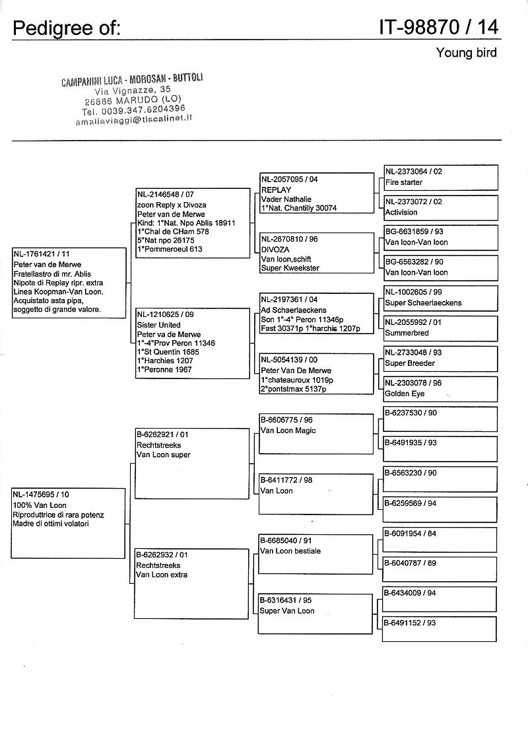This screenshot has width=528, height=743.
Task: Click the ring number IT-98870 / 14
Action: pos(439,27)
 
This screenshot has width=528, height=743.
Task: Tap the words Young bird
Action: pos(466,53)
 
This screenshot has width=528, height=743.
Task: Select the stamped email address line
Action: pos(134,119)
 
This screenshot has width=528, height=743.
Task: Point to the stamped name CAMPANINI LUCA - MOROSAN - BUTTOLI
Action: pos(132,80)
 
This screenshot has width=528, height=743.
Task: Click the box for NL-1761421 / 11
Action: pos(69,283)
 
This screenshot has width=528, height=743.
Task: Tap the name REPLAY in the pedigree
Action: pos(277,190)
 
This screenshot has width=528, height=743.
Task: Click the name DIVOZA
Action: pos(275,250)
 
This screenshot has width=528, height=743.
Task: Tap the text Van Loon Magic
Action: pos(288,431)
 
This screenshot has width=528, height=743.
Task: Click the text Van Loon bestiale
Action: pos(290,551)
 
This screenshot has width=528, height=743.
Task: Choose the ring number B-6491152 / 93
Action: pos(411,623)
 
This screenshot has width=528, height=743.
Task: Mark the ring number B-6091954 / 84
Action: pos(411,533)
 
